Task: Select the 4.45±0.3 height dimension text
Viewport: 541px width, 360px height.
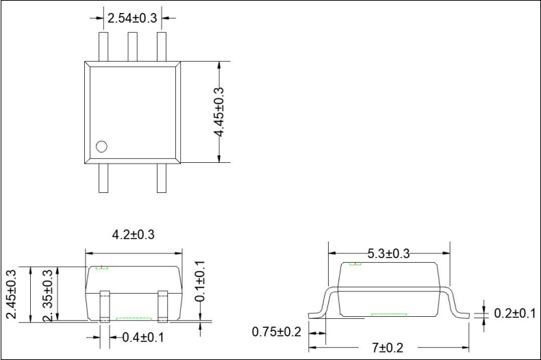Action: (x=220, y=112)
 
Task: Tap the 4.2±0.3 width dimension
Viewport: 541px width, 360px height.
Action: (x=133, y=235)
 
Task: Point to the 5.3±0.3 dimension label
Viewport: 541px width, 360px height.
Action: (x=389, y=254)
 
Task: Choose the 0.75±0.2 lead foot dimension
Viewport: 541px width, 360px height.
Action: (x=277, y=332)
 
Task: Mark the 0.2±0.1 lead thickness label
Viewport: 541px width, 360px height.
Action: (x=515, y=313)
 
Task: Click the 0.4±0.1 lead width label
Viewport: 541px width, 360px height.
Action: (x=142, y=337)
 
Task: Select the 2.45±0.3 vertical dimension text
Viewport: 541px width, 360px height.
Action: (x=11, y=294)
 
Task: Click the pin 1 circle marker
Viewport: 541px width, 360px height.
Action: (x=102, y=146)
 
